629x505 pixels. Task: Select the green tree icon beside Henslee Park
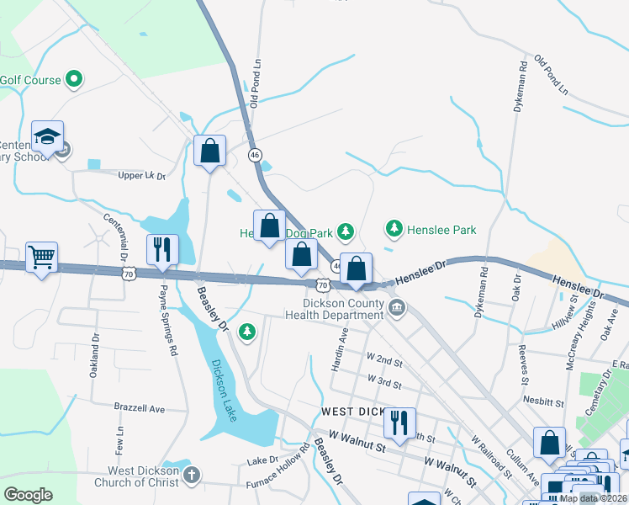click(394, 228)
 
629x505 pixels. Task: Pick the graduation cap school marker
click(48, 136)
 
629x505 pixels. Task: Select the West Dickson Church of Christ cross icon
click(192, 476)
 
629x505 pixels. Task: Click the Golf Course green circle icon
click(73, 80)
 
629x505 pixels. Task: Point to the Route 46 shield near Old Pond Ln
click(256, 155)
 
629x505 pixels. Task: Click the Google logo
click(29, 494)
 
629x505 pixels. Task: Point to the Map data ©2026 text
click(594, 498)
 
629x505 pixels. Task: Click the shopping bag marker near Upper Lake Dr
click(210, 151)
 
